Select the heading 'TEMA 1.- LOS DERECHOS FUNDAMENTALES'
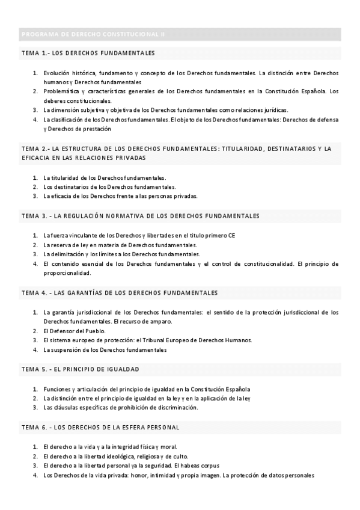tap(88, 53)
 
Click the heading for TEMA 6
tap(100, 426)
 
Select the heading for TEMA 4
tap(119, 292)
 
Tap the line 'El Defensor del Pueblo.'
tap(75, 331)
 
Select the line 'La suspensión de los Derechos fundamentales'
tap(105, 349)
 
